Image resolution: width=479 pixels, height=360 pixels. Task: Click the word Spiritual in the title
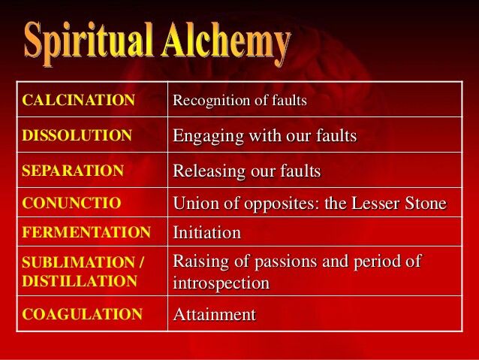pyautogui.click(x=88, y=43)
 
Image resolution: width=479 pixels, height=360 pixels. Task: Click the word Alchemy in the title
pyautogui.click(x=226, y=43)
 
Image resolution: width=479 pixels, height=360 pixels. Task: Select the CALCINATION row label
pyautogui.click(x=79, y=100)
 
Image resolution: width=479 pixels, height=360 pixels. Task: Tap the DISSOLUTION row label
pyautogui.click(x=77, y=135)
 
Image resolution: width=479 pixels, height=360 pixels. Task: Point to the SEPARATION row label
pyautogui.click(x=73, y=171)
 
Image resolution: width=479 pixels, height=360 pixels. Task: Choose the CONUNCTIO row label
pyautogui.click(x=71, y=203)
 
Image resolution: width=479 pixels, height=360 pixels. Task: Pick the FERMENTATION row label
pyautogui.click(x=86, y=231)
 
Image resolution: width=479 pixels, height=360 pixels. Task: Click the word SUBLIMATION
pyautogui.click(x=78, y=262)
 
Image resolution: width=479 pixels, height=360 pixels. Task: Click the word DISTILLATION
pyautogui.click(x=80, y=281)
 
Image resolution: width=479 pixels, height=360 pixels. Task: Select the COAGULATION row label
pyautogui.click(x=82, y=314)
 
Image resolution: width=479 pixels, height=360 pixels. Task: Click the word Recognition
pyautogui.click(x=212, y=101)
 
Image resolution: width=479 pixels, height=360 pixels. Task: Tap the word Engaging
pyautogui.click(x=208, y=136)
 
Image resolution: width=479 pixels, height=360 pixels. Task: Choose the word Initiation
pyautogui.click(x=206, y=232)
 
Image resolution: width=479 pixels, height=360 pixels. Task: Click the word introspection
pyautogui.click(x=221, y=283)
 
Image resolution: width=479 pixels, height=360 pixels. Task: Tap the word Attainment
pyautogui.click(x=215, y=314)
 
